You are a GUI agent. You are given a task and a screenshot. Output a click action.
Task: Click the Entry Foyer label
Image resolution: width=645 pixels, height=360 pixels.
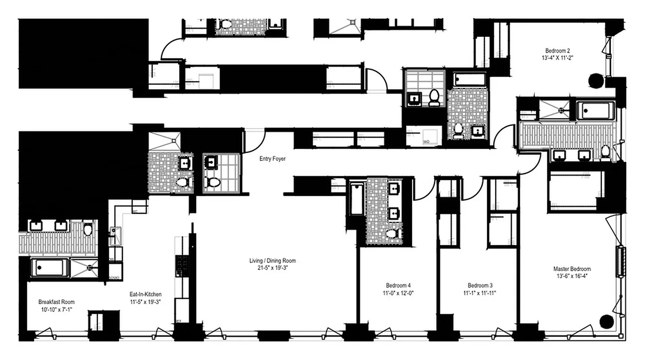coord(272,159)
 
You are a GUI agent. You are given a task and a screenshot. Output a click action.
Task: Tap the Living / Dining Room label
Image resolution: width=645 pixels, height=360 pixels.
coord(273,261)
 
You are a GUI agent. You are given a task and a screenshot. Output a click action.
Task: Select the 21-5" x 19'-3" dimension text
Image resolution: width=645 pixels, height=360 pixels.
coord(273,268)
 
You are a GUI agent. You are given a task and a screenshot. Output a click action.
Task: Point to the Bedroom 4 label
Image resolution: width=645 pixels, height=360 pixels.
coord(398,285)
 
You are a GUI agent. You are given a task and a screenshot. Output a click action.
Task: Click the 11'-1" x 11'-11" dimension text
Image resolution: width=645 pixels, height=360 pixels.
coord(480,292)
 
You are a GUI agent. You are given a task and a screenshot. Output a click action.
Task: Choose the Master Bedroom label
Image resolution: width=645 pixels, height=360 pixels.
coord(572,269)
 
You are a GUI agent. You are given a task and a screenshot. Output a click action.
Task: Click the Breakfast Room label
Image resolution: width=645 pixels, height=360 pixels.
coord(56,302)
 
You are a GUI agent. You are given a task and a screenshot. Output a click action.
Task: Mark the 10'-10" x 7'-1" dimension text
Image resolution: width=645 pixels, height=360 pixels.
coord(56,309)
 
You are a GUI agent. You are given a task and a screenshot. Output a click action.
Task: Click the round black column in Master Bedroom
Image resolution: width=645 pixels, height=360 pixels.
coord(607,321)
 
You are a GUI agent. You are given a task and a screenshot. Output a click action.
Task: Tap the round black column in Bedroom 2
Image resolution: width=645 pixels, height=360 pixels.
coord(596,80)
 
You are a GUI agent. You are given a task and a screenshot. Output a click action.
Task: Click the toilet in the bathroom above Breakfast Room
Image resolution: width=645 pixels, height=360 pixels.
coord(88,229)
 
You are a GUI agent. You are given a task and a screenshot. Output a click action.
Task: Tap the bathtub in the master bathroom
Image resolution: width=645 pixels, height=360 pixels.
coord(596,110)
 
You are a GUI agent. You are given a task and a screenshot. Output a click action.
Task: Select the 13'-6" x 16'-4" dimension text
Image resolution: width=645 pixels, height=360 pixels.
coord(572,276)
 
